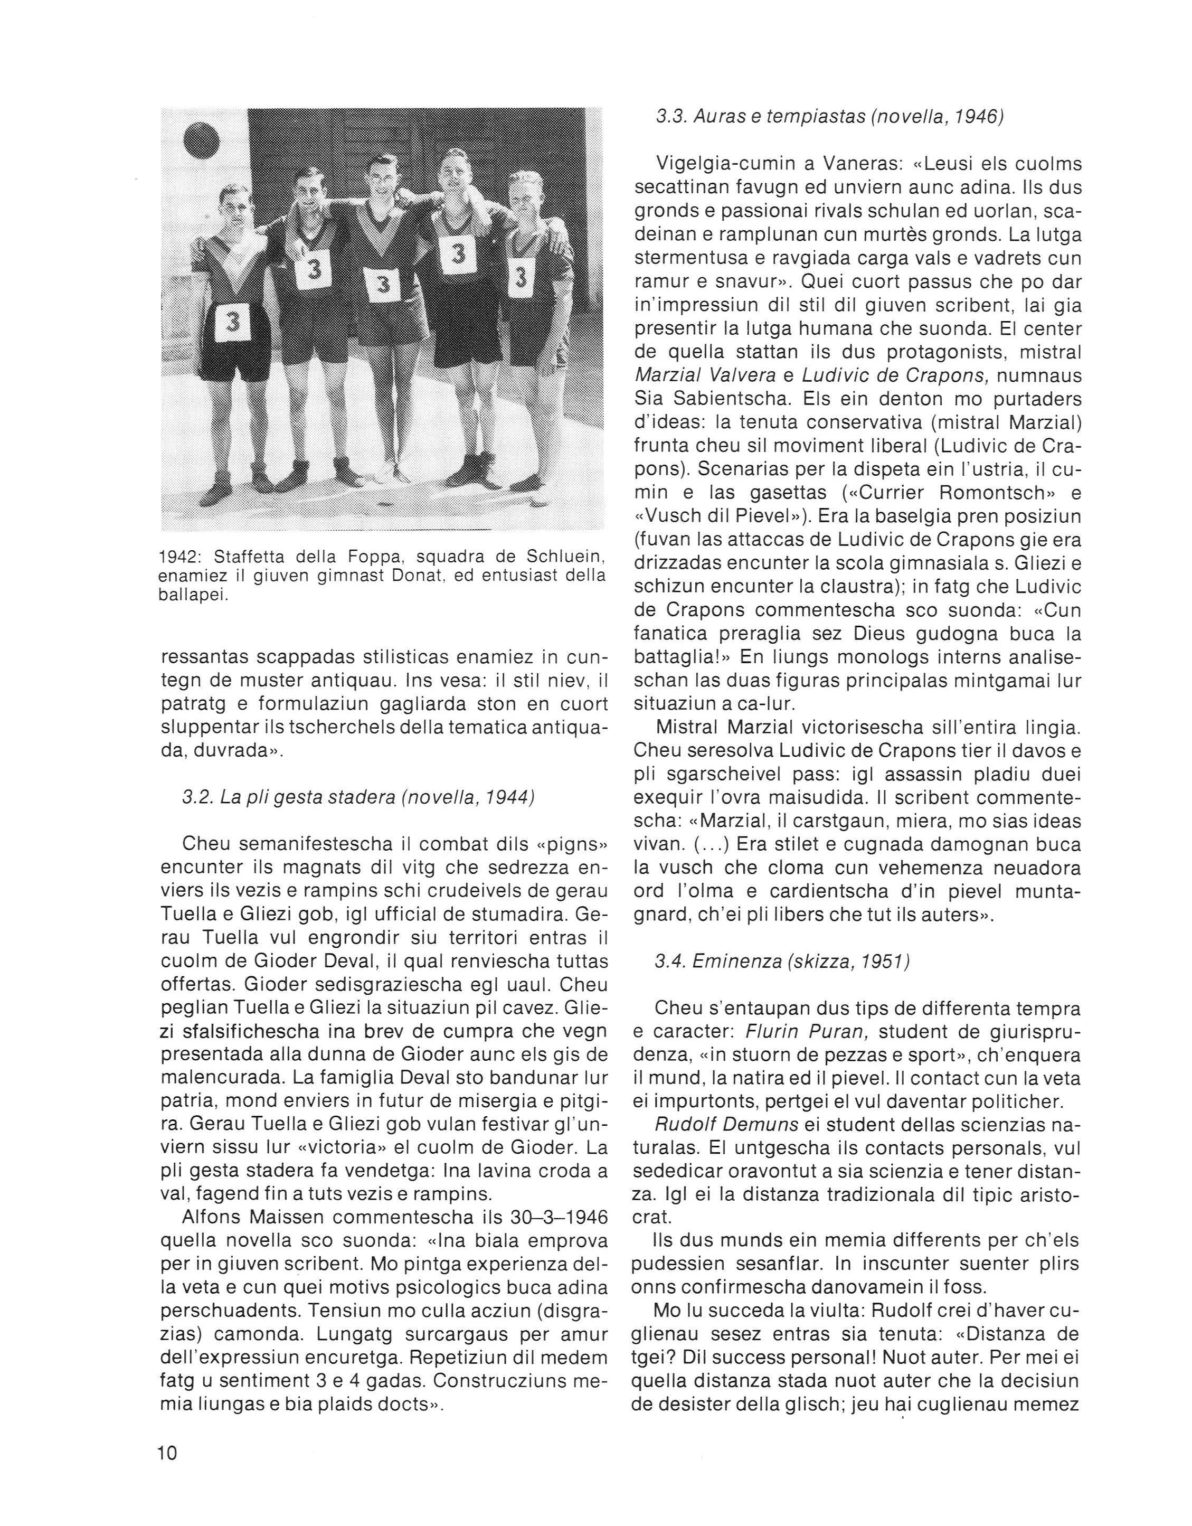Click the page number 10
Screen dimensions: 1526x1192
coord(168,1453)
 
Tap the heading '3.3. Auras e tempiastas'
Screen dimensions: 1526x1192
coord(830,117)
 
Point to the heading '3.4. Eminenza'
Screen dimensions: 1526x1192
coord(782,962)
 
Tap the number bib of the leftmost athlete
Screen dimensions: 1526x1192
coord(233,322)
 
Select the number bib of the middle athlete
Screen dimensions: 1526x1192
coord(382,285)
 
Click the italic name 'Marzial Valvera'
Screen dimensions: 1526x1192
coord(706,376)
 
